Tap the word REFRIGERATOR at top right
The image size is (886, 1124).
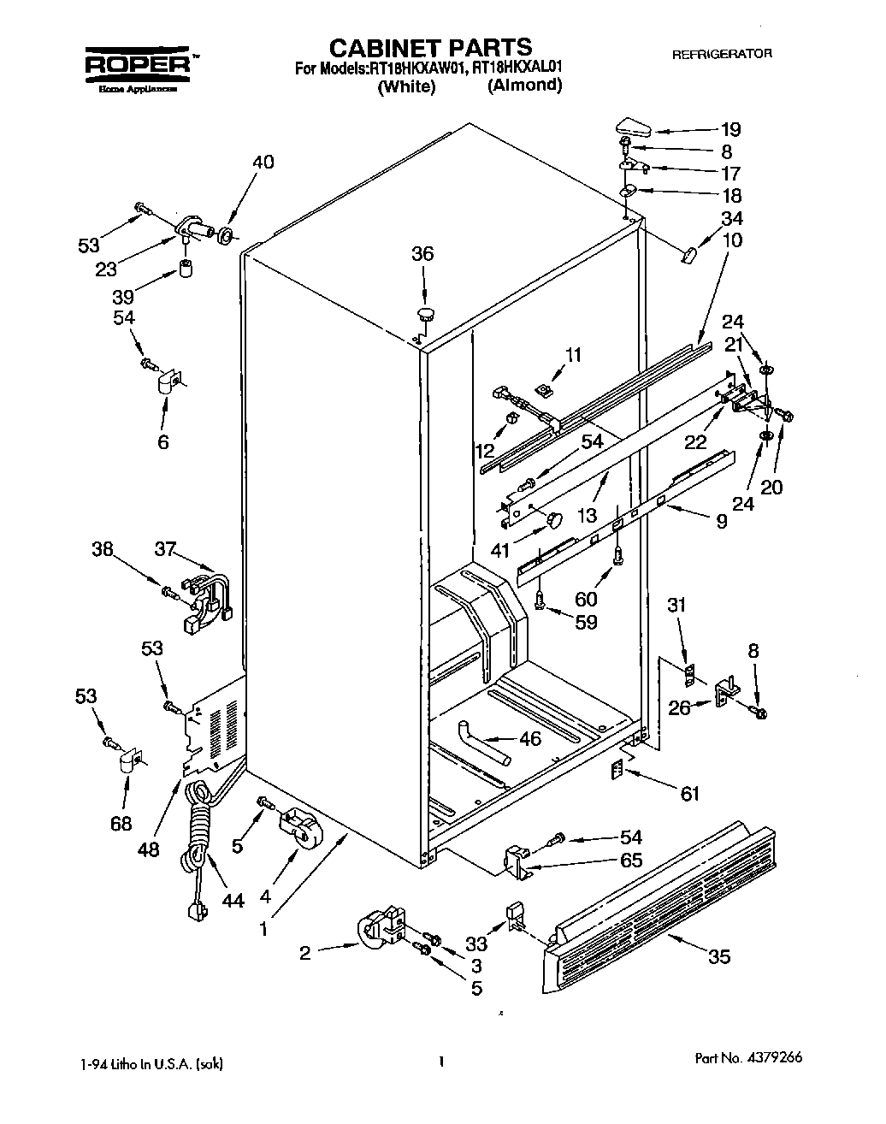[722, 54]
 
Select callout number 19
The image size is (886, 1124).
[729, 130]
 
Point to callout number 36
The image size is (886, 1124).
[422, 254]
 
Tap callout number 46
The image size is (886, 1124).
[530, 738]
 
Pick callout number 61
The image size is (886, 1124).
[688, 794]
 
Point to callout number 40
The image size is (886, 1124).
[263, 162]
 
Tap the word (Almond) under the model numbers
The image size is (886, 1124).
[524, 86]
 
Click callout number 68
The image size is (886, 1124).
[121, 823]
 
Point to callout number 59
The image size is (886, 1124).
[586, 622]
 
